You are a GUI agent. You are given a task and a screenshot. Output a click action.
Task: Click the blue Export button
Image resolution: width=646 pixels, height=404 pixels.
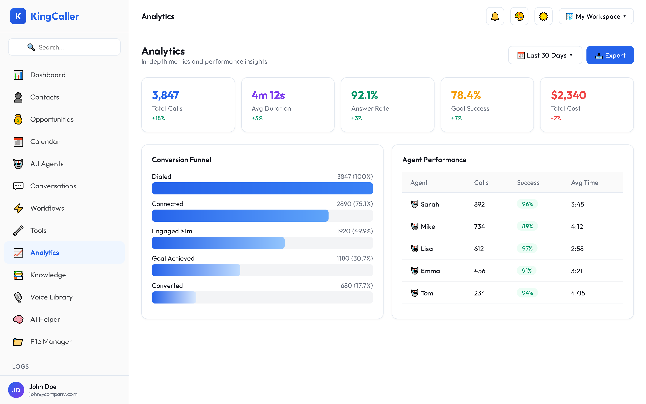(x=610, y=55)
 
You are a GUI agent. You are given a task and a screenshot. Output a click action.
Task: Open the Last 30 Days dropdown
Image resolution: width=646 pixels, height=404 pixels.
(x=545, y=55)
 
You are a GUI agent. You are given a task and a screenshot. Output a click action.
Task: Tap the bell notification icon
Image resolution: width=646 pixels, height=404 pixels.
(x=495, y=16)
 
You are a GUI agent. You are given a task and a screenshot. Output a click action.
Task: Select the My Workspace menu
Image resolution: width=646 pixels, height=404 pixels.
(x=596, y=16)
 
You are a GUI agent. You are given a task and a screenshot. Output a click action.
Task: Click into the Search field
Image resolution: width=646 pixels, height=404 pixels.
(x=64, y=47)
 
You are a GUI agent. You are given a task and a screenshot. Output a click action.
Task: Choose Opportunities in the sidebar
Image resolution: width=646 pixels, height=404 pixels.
(x=52, y=119)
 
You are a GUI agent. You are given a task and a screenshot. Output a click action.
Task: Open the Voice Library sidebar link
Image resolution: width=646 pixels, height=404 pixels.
(x=51, y=297)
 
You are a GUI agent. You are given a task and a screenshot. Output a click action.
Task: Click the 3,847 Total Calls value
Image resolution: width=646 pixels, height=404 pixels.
(x=165, y=95)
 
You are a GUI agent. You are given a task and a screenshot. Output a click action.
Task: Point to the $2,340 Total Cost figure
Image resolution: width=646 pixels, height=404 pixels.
(x=569, y=95)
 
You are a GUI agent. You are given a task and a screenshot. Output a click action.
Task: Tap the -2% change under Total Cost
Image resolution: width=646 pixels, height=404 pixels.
(x=556, y=118)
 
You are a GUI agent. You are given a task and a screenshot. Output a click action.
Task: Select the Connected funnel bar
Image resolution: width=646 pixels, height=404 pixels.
(x=240, y=216)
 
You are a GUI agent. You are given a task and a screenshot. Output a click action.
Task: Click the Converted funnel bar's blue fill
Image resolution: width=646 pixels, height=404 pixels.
(x=174, y=297)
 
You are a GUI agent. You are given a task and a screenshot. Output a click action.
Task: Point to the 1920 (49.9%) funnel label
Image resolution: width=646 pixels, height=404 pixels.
(x=354, y=231)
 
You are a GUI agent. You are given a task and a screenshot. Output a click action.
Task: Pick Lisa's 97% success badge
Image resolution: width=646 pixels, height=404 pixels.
(x=527, y=248)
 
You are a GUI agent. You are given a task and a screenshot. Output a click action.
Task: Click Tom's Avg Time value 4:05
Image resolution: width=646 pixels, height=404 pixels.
(x=578, y=293)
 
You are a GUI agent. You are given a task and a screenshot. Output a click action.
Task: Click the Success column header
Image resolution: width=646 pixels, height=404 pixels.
(x=528, y=183)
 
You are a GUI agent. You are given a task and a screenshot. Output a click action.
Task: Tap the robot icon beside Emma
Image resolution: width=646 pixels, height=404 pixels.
(x=414, y=271)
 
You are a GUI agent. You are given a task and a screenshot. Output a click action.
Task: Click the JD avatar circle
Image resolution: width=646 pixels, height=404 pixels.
(x=16, y=390)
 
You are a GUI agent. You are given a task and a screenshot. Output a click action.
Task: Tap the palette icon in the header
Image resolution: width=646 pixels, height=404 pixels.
(x=519, y=16)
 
